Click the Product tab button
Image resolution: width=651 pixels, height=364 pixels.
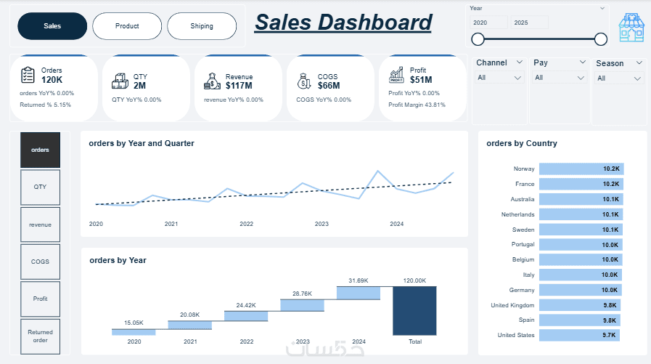(x=127, y=26)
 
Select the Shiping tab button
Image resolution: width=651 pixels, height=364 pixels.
(x=202, y=26)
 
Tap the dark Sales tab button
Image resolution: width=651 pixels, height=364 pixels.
(x=52, y=26)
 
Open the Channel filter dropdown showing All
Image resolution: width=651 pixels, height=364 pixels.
(x=500, y=78)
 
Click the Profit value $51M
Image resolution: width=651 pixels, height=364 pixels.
(x=421, y=80)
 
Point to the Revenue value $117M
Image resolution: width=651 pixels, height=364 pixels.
(x=239, y=86)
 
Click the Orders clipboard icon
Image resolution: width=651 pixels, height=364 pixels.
(x=28, y=75)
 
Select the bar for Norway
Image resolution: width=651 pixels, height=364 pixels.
(x=581, y=169)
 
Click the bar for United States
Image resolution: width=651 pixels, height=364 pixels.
(x=579, y=335)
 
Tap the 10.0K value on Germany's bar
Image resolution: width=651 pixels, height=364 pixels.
(x=610, y=290)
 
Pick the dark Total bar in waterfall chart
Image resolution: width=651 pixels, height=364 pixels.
(x=414, y=310)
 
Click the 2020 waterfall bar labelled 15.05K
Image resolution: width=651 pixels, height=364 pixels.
(x=134, y=331)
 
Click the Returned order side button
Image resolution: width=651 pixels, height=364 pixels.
(x=41, y=336)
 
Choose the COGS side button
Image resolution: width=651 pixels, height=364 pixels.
(x=41, y=262)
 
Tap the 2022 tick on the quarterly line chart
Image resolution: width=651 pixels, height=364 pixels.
(x=247, y=224)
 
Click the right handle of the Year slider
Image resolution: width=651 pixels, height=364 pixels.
(x=600, y=39)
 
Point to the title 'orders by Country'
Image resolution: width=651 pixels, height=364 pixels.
(x=521, y=144)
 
